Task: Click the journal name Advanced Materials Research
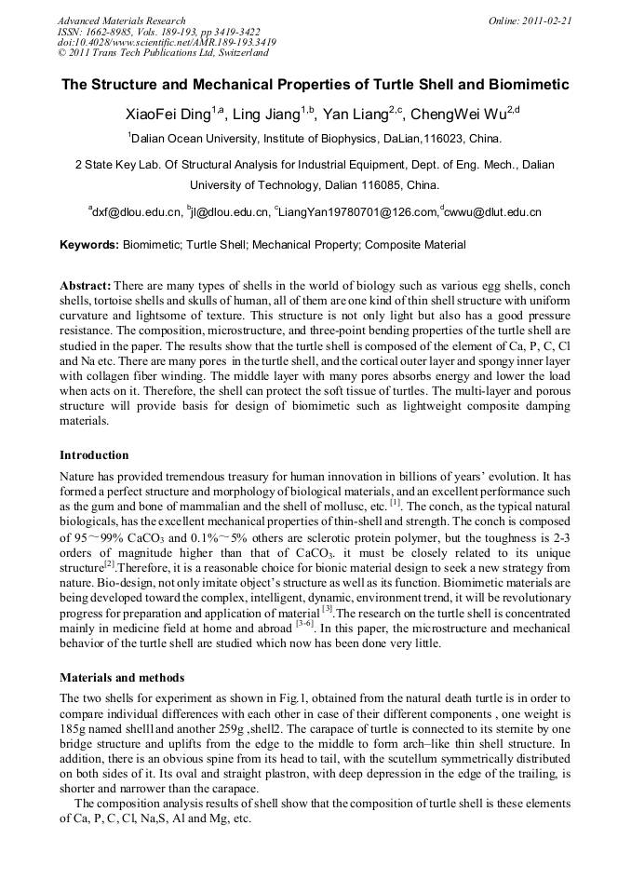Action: point(121,20)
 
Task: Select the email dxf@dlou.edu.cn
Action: point(137,213)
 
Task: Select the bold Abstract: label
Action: point(86,285)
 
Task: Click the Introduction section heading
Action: point(94,455)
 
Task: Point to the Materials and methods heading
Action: point(122,677)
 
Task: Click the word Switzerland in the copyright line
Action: point(241,53)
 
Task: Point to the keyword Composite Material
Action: point(415,246)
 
